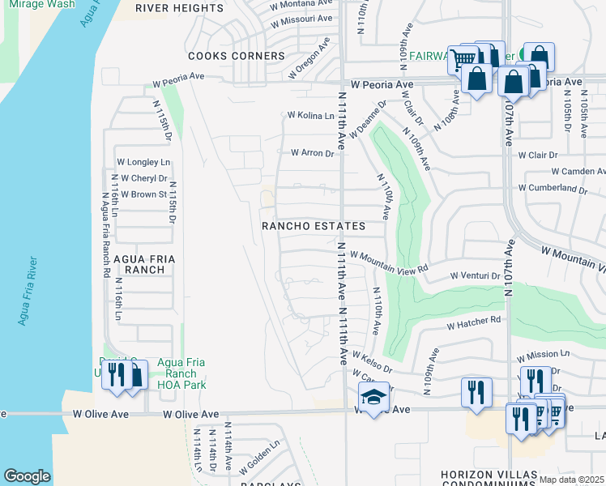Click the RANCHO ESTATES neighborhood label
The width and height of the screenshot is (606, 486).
[x=313, y=226]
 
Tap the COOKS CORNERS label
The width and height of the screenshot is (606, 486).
[x=237, y=56]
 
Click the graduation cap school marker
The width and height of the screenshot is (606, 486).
[x=373, y=398]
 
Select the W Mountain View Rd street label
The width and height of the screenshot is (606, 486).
[x=388, y=261]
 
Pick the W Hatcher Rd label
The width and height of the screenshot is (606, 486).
[x=474, y=322]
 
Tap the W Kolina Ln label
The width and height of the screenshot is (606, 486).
[x=310, y=116]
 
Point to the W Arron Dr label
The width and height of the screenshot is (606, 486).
[x=312, y=152]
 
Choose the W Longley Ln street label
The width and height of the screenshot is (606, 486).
[x=143, y=162]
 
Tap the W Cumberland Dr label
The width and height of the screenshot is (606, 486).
[x=553, y=188]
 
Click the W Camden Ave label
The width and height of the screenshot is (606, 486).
[x=578, y=172]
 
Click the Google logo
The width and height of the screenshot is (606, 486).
[x=28, y=476]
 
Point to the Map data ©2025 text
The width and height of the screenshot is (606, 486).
[x=571, y=480]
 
